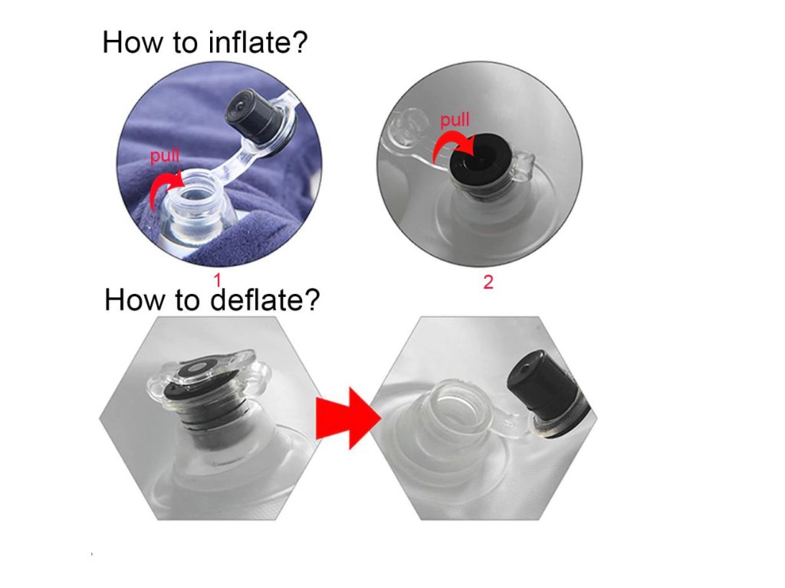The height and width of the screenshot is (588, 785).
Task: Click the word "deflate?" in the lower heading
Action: point(264,299)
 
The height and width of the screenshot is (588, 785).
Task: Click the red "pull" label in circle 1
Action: point(164,156)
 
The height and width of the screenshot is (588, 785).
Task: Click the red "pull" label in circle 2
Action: point(455,120)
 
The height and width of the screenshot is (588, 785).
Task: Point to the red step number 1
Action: point(217,280)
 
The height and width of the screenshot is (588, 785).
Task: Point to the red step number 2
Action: point(488,282)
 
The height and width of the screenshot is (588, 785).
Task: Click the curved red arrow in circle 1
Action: point(163,188)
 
